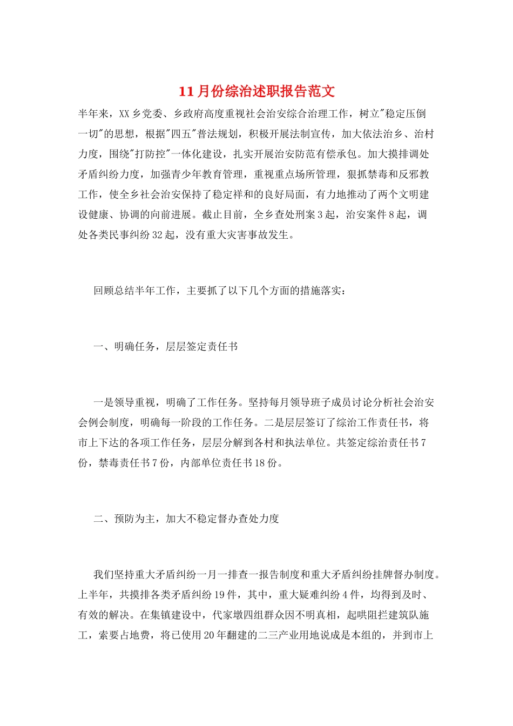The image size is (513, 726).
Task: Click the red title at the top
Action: point(256,91)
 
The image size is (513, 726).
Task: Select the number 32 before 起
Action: point(158,235)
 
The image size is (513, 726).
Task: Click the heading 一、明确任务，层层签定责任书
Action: point(166,347)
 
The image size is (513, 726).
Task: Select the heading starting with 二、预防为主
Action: point(186,519)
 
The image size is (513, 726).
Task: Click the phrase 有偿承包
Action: point(337,154)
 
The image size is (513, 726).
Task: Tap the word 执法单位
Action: point(307,442)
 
